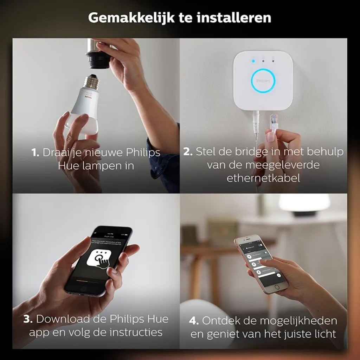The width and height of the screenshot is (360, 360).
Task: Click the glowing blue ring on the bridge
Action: tap(263, 81)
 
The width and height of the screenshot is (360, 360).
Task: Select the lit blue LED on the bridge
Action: tap(253, 61)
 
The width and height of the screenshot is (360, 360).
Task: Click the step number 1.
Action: tap(35, 153)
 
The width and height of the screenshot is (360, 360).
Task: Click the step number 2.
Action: tap(188, 152)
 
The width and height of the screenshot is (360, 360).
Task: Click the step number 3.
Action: tap(28, 319)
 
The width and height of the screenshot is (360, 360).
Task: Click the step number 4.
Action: tap(194, 321)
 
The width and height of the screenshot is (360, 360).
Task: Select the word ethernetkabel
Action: tap(263, 178)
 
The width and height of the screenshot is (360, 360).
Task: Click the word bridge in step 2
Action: tap(248, 152)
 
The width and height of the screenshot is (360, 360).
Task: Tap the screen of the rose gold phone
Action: tap(260, 262)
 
